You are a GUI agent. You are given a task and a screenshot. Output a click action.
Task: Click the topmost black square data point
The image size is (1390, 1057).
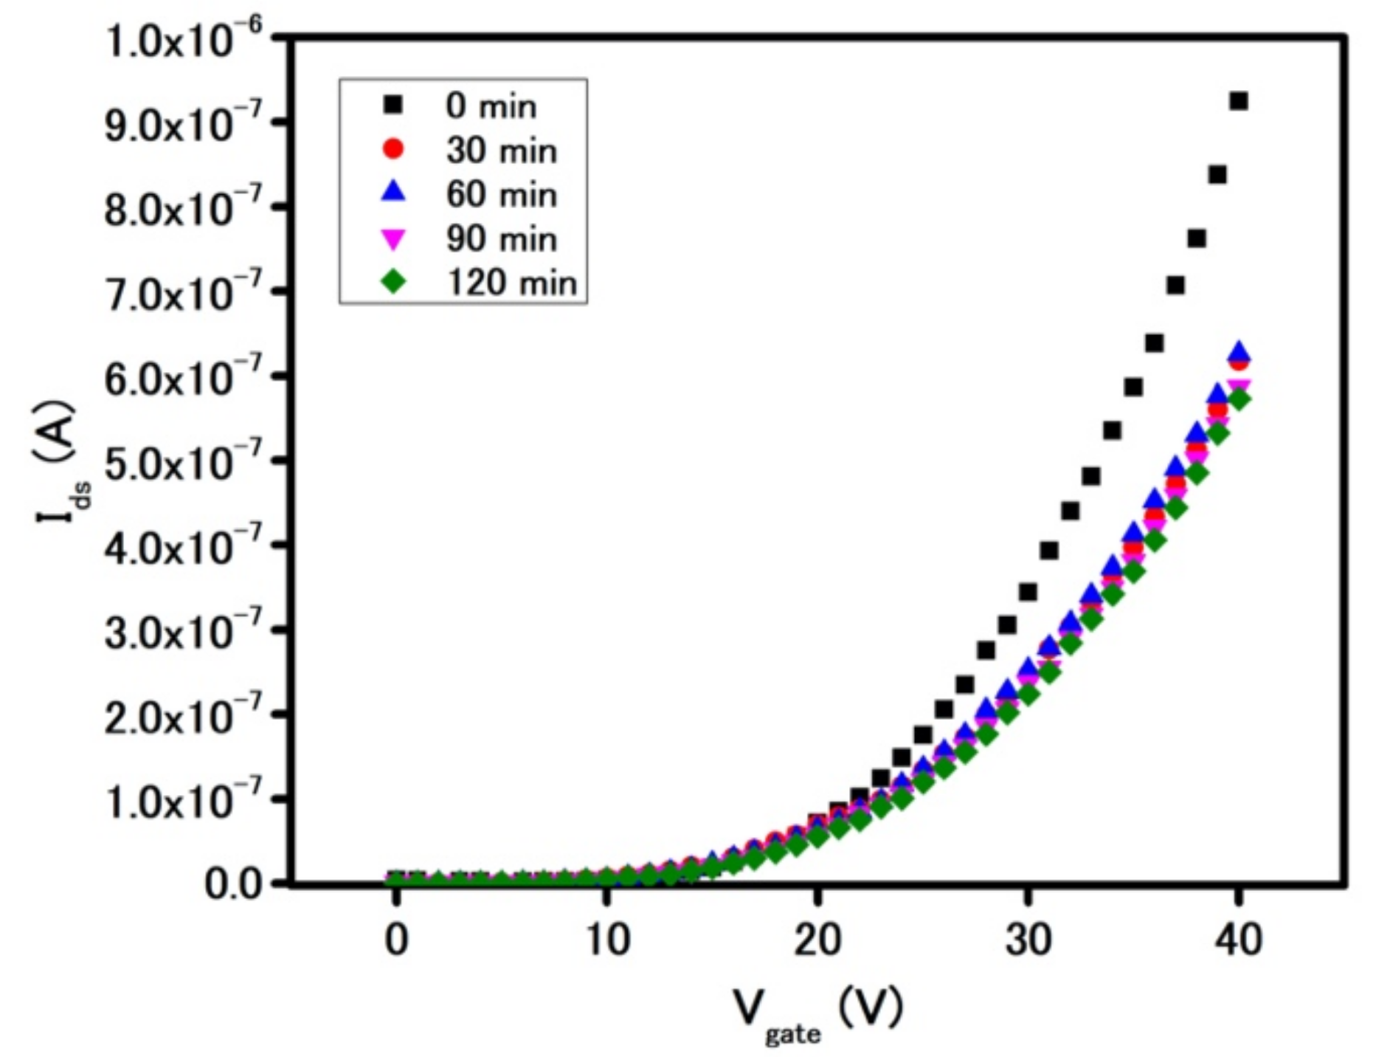tap(1239, 101)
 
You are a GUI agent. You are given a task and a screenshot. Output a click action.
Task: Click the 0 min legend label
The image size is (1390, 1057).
tap(491, 106)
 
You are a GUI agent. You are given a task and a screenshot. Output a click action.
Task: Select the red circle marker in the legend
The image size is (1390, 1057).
tap(394, 149)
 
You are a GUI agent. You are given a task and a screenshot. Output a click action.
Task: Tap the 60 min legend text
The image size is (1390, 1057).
tap(501, 195)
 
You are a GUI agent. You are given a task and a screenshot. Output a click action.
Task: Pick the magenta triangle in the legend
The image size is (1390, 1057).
tap(394, 238)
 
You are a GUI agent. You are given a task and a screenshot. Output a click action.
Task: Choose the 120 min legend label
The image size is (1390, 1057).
tap(511, 283)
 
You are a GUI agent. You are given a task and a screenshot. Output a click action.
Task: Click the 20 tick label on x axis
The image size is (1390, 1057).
tap(817, 941)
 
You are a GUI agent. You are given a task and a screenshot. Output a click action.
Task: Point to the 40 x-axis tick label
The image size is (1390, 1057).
tap(1239, 941)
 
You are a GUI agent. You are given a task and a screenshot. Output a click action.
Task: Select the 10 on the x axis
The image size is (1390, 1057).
tap(606, 941)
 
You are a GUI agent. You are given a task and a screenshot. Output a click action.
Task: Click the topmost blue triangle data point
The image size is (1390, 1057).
tap(1239, 351)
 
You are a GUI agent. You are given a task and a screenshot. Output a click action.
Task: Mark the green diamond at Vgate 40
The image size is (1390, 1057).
tap(1239, 399)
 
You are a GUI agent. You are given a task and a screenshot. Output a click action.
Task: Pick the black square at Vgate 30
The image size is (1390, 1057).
tap(1028, 592)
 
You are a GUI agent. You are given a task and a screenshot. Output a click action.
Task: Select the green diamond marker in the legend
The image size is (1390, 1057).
tap(394, 282)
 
